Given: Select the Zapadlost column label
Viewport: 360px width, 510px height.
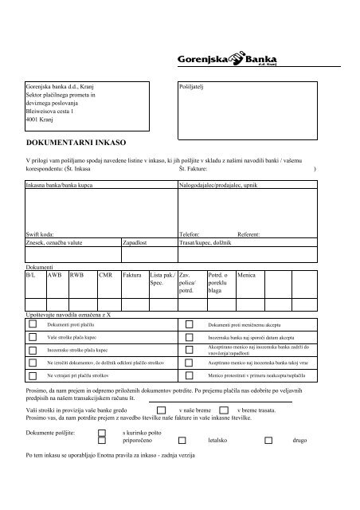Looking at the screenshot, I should tap(135, 241).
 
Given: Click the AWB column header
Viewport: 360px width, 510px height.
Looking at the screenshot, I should tap(54, 274).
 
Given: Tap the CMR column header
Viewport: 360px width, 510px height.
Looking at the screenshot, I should tap(104, 274).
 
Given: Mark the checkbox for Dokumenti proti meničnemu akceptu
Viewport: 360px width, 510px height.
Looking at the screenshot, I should tap(189, 325).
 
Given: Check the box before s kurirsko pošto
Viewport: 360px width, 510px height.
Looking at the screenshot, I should tap(101, 430).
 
